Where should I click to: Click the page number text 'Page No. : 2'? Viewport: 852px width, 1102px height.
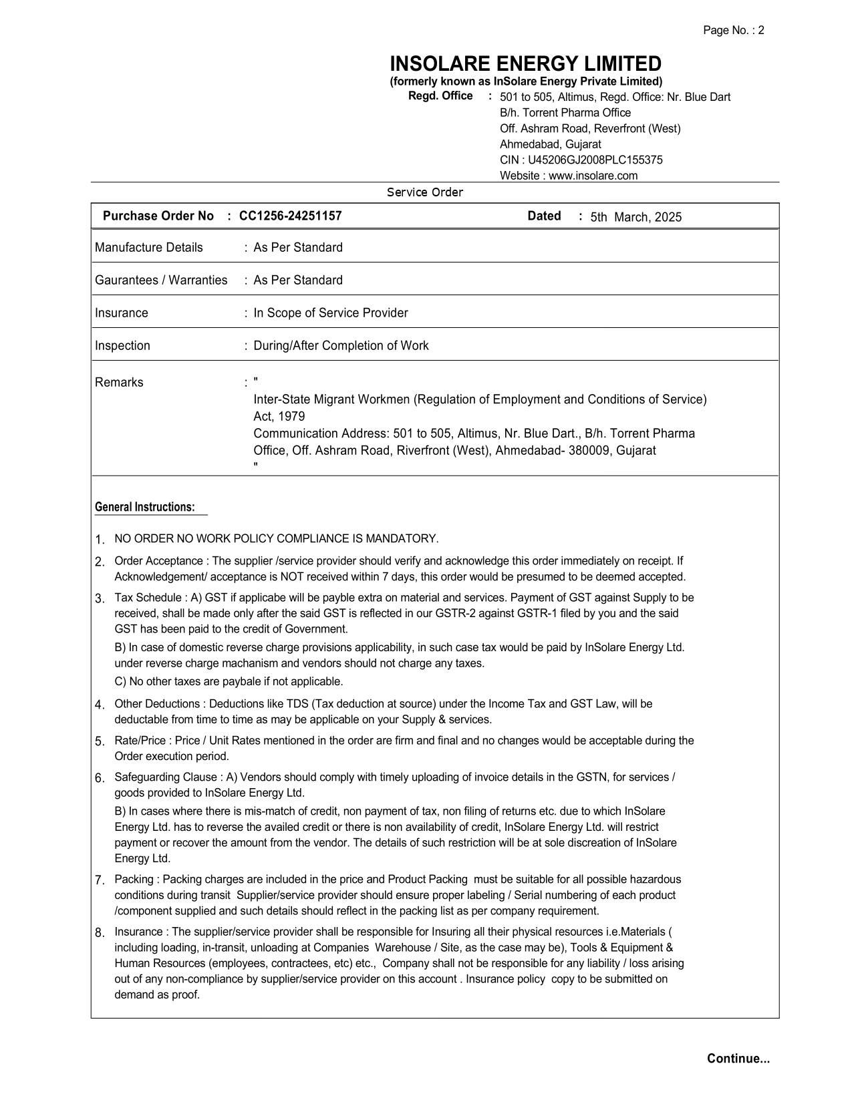coord(733,30)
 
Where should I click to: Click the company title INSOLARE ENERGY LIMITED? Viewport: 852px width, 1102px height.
coord(525,64)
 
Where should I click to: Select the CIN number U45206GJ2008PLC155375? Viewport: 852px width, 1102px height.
coord(595,160)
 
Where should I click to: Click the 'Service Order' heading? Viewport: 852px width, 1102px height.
coord(425,192)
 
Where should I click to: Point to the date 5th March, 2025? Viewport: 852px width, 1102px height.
coord(635,217)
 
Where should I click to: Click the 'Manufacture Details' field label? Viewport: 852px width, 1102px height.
coord(148,248)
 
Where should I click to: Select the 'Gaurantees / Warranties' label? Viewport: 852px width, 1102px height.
coord(161,281)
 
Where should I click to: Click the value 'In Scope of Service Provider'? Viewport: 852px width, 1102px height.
coord(330,313)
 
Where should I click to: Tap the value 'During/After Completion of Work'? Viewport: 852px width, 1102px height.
coord(341,346)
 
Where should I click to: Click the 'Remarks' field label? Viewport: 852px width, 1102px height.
coord(119,383)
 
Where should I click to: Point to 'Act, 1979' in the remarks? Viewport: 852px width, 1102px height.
coord(279,417)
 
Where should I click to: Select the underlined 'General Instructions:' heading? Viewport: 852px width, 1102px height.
coord(145,508)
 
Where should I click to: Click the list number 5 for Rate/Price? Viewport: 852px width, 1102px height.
coord(100,741)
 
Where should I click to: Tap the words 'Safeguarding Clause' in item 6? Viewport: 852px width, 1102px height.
coord(166,777)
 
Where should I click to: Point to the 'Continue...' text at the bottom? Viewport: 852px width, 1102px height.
coord(738,1059)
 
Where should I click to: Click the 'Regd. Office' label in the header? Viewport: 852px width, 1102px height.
coord(440,96)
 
